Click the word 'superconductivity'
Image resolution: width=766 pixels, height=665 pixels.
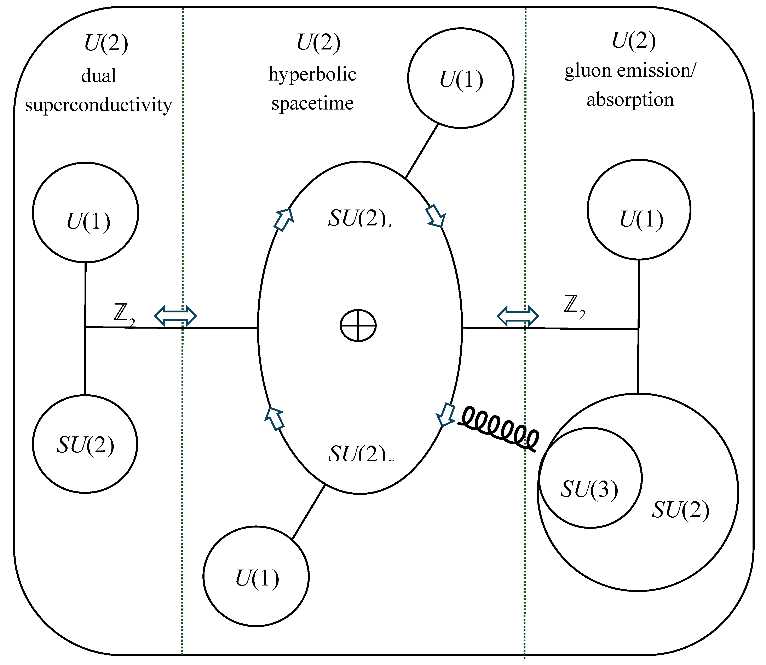pyautogui.click(x=98, y=105)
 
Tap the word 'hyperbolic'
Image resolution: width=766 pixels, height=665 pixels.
pyautogui.click(x=312, y=75)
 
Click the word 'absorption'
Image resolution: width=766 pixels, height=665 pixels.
pyautogui.click(x=630, y=99)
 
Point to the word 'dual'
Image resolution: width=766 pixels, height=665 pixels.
pyautogui.click(x=98, y=76)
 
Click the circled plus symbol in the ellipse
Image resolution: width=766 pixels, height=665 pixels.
pyautogui.click(x=358, y=325)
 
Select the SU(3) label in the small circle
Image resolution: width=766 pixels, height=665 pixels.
pyautogui.click(x=589, y=489)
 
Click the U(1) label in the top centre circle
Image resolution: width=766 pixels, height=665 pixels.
pyautogui.click(x=461, y=80)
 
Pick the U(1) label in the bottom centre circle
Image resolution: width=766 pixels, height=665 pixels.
pyautogui.click(x=257, y=578)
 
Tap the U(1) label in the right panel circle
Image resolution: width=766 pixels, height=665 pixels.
pyautogui.click(x=641, y=219)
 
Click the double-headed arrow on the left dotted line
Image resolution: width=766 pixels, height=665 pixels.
pyautogui.click(x=175, y=316)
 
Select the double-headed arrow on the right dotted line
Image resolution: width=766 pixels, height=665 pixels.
pyautogui.click(x=518, y=316)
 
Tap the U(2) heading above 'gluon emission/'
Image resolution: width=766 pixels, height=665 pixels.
pyautogui.click(x=633, y=41)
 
